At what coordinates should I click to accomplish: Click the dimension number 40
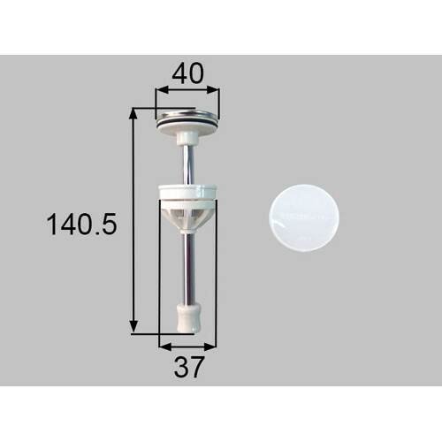pyautogui.click(x=187, y=73)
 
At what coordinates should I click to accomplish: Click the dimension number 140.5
pyautogui.click(x=81, y=225)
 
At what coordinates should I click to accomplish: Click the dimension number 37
pyautogui.click(x=188, y=367)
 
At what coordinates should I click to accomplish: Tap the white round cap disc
pyautogui.click(x=304, y=217)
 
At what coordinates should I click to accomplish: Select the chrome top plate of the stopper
pyautogui.click(x=187, y=114)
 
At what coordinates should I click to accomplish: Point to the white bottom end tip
pyautogui.click(x=188, y=317)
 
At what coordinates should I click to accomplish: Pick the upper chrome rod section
pyautogui.click(x=187, y=164)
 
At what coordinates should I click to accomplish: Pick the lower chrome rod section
pyautogui.click(x=188, y=269)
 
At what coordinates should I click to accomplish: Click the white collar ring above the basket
pyautogui.click(x=188, y=192)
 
